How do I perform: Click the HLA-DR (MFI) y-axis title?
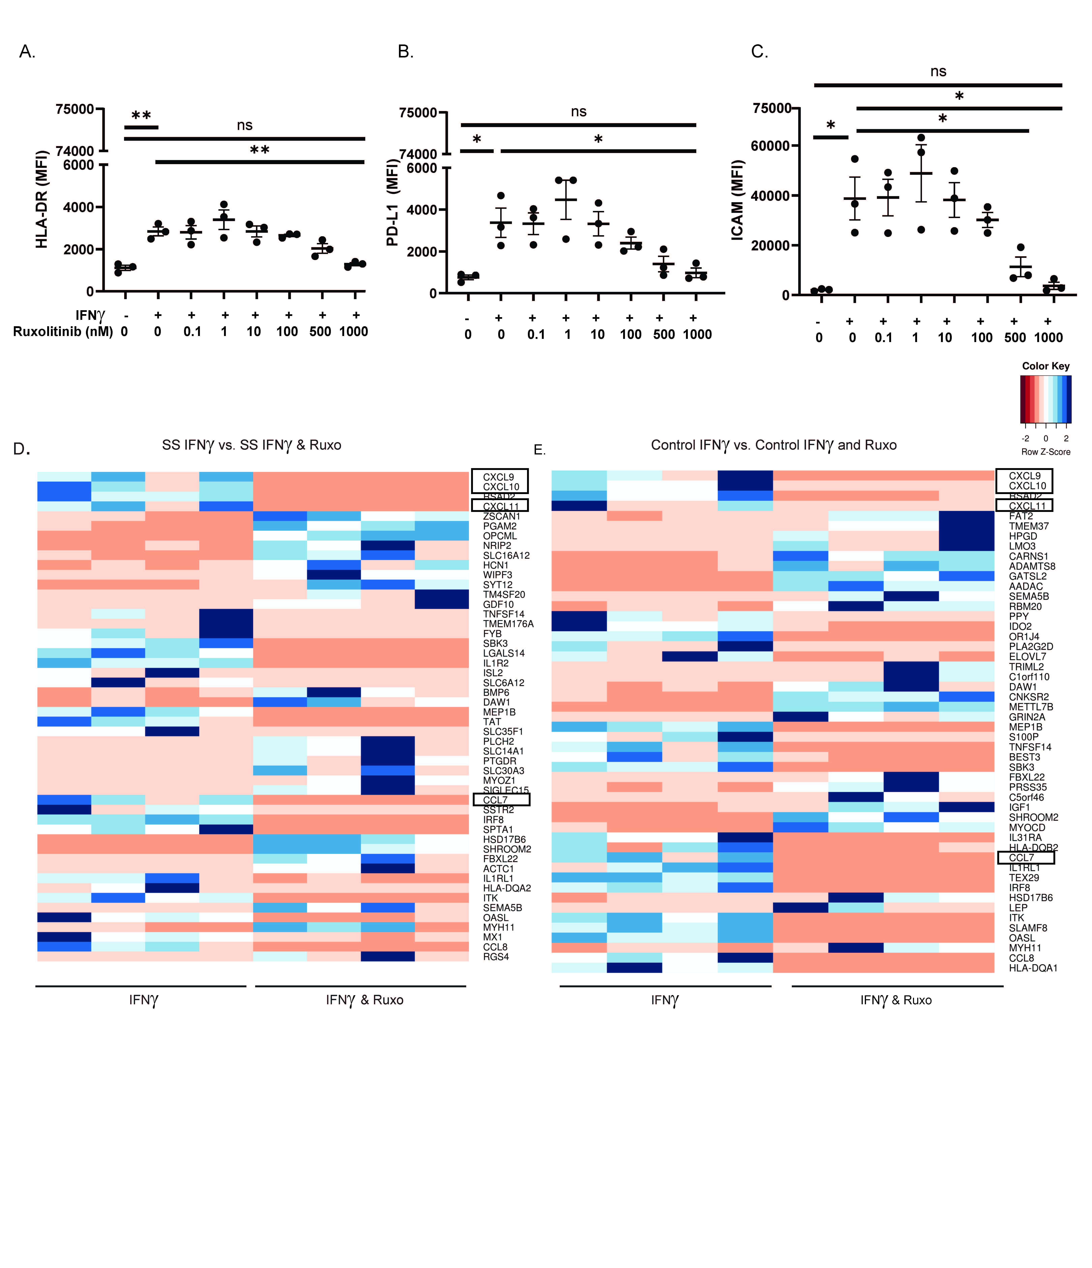42,200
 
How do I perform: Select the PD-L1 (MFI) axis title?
392,203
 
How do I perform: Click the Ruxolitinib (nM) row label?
63,332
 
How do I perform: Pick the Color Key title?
1045,366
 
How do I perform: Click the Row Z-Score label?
1045,452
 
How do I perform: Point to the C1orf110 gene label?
1029,677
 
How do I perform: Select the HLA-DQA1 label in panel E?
1033,968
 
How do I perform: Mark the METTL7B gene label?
1031,707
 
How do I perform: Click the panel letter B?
405,52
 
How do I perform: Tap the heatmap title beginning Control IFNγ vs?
774,445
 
